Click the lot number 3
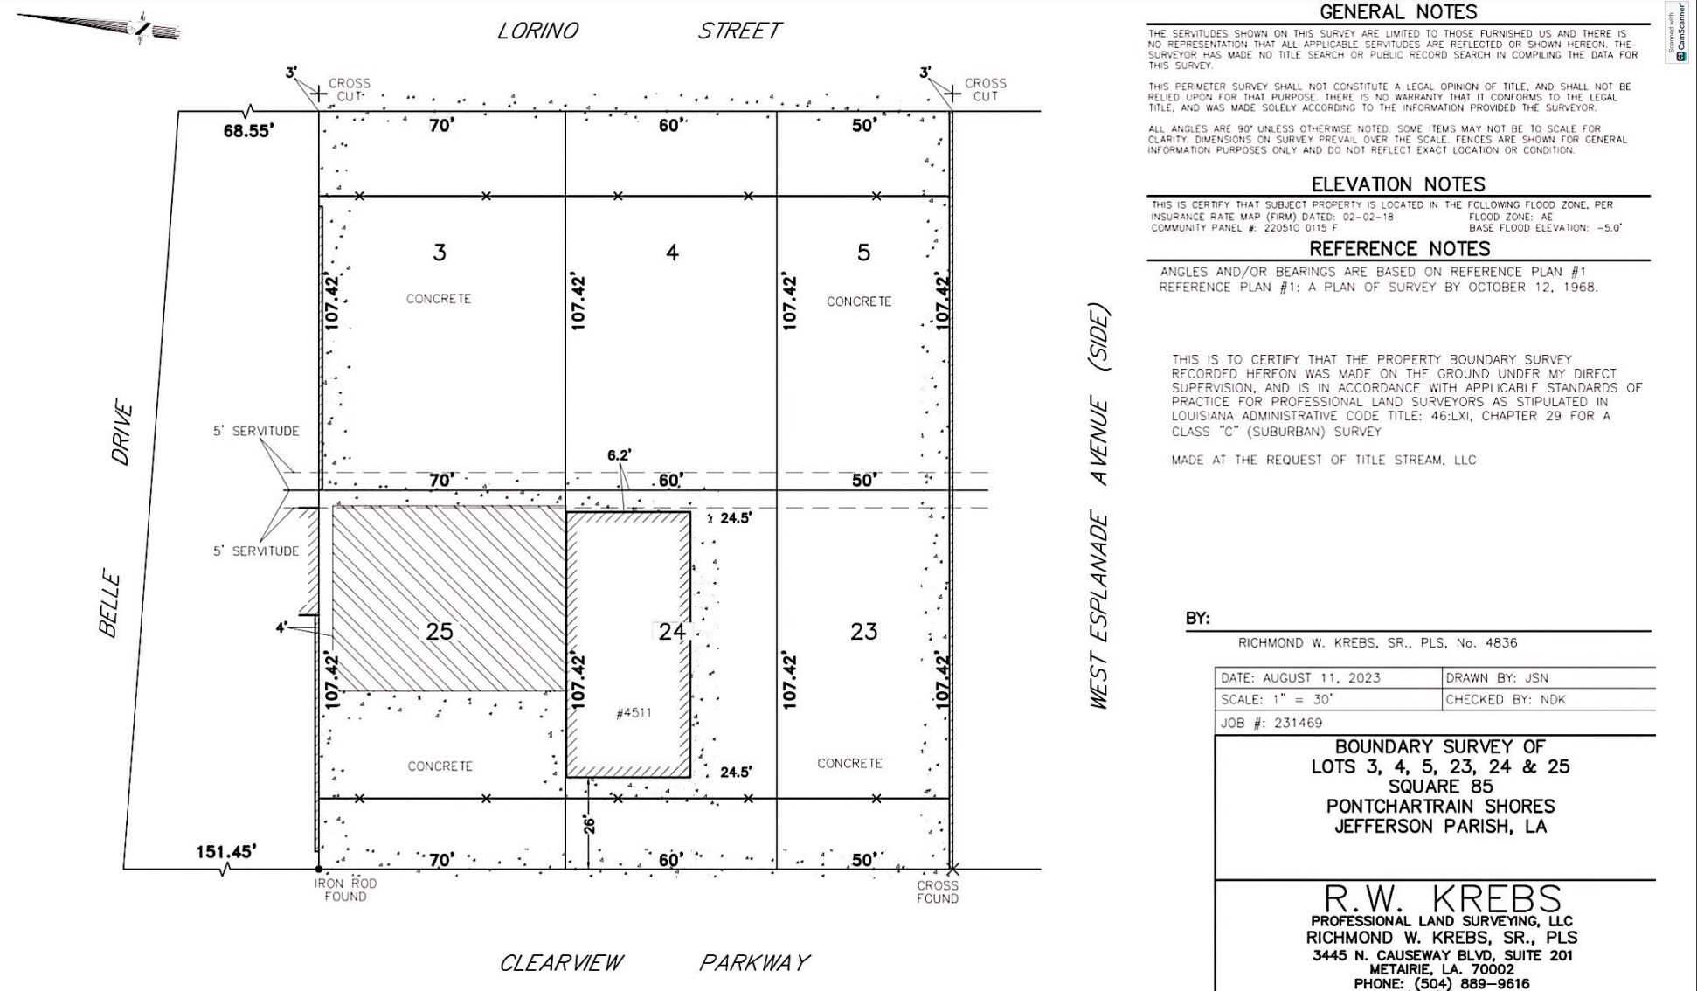[x=440, y=253]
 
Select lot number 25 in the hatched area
[x=440, y=631]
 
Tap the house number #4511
[x=634, y=713]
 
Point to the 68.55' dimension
[x=249, y=130]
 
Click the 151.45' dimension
[x=226, y=850]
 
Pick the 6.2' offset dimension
[x=619, y=455]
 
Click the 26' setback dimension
[x=589, y=824]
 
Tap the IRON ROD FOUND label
[x=345, y=890]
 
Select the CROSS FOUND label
[x=938, y=892]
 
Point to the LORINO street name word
[x=537, y=31]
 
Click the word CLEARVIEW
[x=561, y=963]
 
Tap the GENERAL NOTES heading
[x=1398, y=12]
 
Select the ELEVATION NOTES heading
[x=1398, y=184]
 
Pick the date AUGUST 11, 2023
[x=1325, y=678]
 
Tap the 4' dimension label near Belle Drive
[x=281, y=627]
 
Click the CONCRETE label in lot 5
[x=859, y=301]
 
